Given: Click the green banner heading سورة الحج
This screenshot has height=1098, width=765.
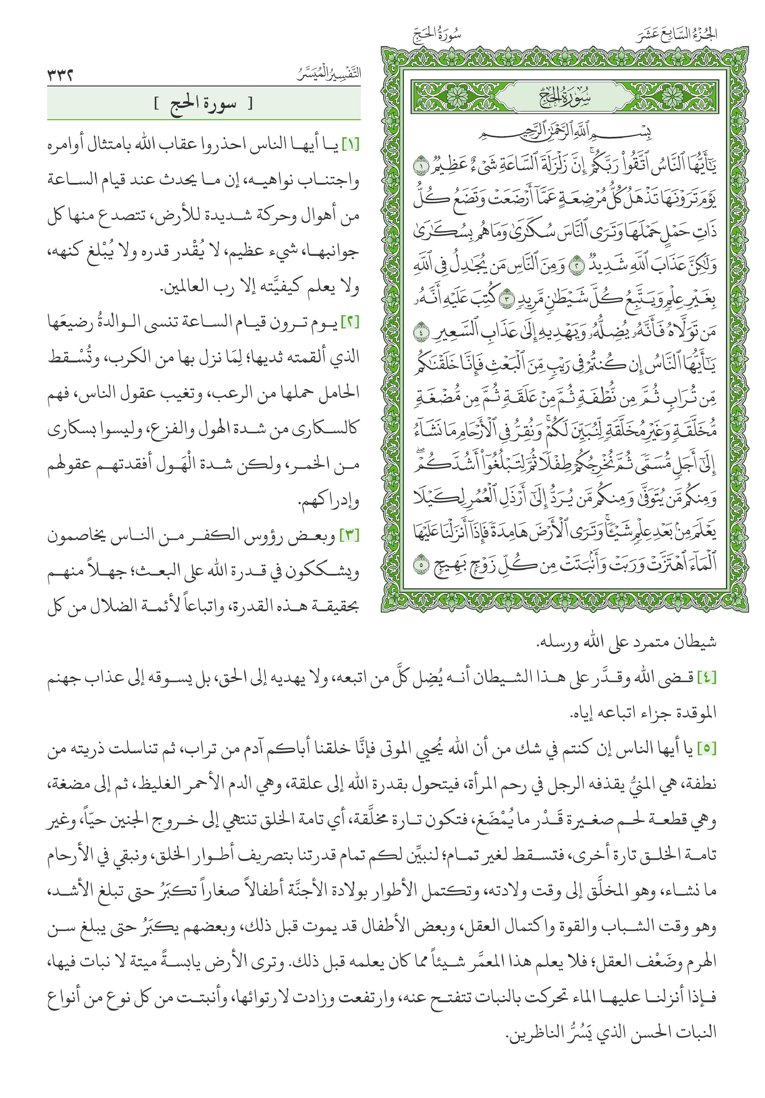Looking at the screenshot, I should tap(203, 104).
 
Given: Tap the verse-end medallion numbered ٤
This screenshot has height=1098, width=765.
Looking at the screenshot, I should tap(420, 331).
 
